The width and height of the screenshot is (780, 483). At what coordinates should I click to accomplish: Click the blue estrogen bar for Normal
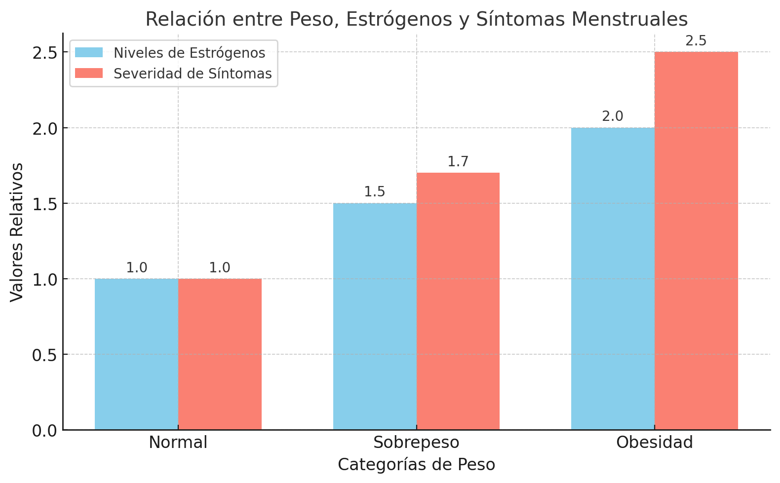tap(136, 354)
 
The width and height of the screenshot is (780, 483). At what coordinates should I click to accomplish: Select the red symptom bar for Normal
tap(220, 354)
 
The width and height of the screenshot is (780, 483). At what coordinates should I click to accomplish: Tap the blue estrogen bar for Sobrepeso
tap(375, 316)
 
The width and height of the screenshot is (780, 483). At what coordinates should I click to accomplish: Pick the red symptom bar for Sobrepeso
tap(458, 301)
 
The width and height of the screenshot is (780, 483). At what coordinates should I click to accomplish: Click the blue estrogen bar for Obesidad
tap(613, 279)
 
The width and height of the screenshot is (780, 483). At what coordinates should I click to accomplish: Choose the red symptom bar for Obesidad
tap(696, 241)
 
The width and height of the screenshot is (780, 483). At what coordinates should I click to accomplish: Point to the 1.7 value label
tap(458, 162)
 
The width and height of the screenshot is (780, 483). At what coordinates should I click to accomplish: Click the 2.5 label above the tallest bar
tap(696, 41)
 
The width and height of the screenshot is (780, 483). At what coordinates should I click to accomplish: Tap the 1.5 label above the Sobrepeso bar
tap(375, 192)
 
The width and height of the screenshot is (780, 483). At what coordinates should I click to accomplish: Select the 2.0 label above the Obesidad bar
tap(613, 116)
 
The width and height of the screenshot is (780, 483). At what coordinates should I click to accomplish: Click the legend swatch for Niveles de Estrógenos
tap(89, 53)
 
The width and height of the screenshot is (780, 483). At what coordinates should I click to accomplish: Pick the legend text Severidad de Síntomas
tap(193, 74)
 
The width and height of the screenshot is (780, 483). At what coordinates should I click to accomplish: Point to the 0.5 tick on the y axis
tap(44, 355)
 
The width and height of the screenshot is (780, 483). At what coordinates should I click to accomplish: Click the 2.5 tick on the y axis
tap(44, 52)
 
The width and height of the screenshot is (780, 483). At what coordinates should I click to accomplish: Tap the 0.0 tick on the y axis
tap(44, 431)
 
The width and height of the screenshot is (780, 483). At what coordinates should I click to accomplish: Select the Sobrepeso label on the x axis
tap(416, 443)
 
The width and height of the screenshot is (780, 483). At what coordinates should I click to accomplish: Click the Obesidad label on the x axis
tap(655, 443)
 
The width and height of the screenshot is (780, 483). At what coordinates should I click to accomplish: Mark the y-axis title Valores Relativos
tap(17, 232)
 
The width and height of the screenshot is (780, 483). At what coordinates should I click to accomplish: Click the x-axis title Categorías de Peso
tap(416, 465)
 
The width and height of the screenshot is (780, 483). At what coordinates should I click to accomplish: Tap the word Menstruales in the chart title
tap(629, 19)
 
